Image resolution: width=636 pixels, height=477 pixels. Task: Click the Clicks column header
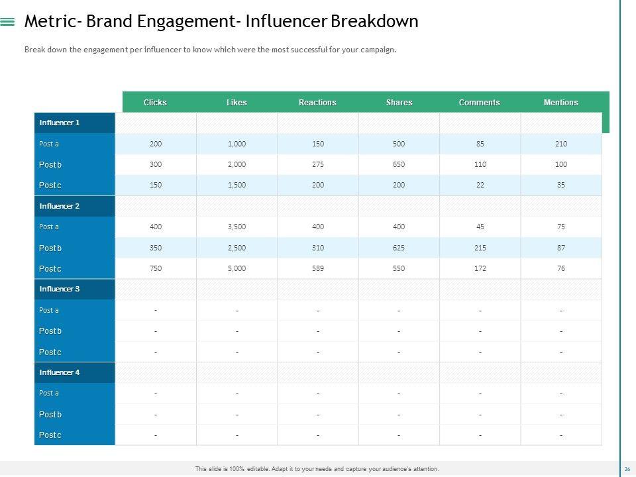[155, 103]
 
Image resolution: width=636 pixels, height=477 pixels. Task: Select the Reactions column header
[317, 103]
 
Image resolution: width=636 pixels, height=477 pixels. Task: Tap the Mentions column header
[560, 103]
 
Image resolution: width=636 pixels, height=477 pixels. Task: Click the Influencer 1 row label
[60, 123]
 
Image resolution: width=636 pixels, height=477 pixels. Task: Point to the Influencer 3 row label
[60, 289]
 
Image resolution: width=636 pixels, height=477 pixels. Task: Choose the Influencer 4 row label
[60, 372]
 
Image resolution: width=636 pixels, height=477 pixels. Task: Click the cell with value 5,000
[237, 268]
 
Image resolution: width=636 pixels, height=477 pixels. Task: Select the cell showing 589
[318, 268]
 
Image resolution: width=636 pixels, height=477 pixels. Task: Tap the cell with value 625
[399, 248]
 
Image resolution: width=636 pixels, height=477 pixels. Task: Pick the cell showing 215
[480, 248]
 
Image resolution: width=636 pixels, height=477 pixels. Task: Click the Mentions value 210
[561, 144]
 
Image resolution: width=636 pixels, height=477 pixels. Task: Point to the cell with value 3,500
[237, 227]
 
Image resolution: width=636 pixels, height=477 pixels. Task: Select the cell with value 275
[318, 164]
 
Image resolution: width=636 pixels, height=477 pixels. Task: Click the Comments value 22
[480, 185]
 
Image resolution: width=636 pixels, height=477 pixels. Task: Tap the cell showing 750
[156, 268]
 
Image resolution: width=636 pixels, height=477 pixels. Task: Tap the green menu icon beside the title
[8, 22]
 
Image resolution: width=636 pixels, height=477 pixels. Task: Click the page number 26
[627, 469]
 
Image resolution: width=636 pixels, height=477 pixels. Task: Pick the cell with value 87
[561, 248]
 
